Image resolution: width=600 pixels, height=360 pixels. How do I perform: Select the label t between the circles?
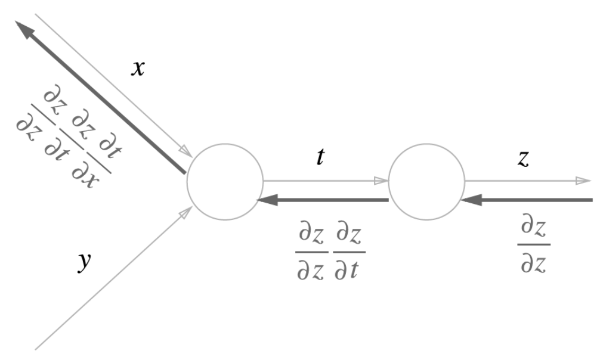[x=320, y=158]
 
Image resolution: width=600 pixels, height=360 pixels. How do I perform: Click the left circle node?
[x=225, y=181]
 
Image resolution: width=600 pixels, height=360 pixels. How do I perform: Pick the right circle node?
[x=426, y=181]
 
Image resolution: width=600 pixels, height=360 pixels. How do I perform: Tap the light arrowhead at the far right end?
[x=584, y=181]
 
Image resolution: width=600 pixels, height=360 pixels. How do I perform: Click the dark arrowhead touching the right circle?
[x=472, y=200]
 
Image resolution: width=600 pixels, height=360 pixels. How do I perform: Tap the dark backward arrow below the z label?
[x=531, y=200]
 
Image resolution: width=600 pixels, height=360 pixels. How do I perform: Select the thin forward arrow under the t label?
[x=322, y=181]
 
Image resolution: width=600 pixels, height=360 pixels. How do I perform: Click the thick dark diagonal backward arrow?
[x=101, y=98]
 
